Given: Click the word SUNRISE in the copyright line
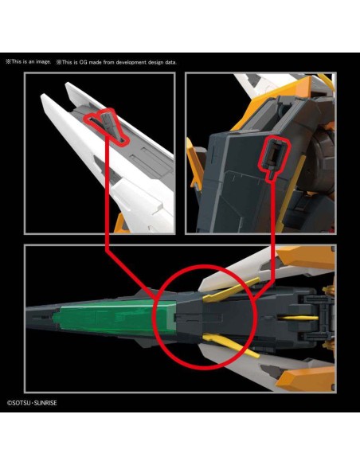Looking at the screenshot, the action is coord(45,403).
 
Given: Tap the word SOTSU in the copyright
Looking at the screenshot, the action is coord(22,403).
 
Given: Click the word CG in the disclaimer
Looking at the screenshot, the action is coord(84,62).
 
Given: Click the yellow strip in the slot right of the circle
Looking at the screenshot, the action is coord(299,318).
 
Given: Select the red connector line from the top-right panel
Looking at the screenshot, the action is coord(272,237).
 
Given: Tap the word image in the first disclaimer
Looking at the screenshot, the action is coord(43,61).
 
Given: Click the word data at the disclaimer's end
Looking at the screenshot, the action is coord(170,62).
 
